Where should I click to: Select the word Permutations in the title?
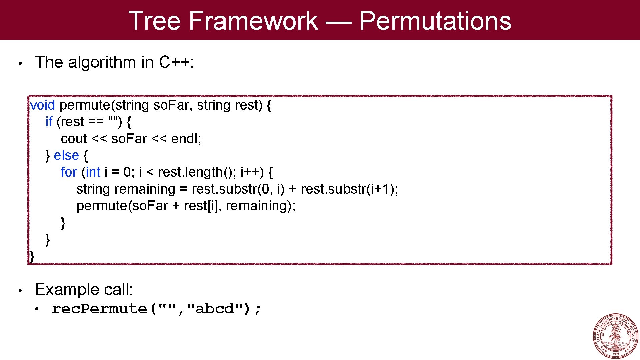435,21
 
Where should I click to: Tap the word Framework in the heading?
253,21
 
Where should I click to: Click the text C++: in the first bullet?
176,62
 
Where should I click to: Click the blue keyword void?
42,105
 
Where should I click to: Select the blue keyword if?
49,122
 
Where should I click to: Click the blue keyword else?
66,156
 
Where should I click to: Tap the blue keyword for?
69,172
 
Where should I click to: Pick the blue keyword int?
93,172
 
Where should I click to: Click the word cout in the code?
74,139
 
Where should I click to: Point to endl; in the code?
186,139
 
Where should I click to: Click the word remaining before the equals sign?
144,189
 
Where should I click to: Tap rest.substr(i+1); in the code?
349,189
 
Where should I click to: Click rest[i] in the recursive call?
201,206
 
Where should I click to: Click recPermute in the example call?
99,309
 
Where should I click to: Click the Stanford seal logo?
615,336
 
